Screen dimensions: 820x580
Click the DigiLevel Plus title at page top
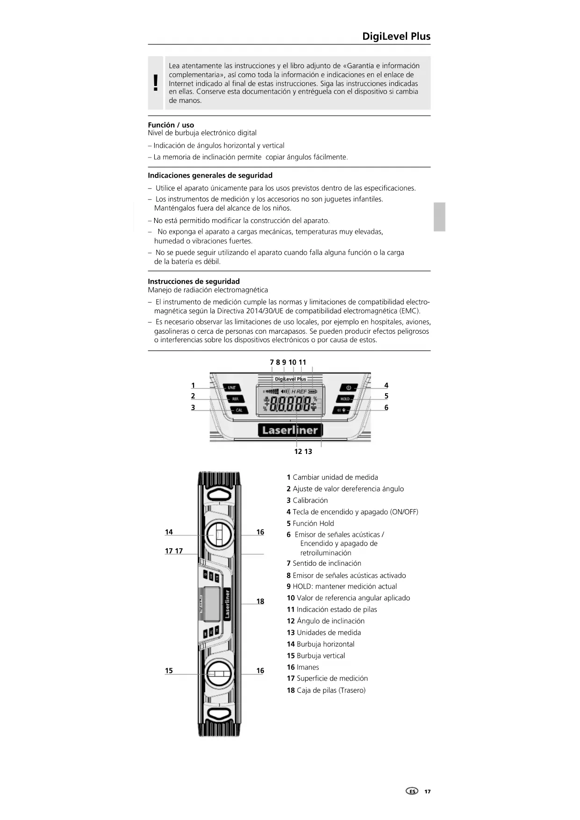tap(396, 36)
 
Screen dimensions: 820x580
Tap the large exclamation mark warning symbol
tap(156, 83)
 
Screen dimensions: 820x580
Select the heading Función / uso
tap(171, 125)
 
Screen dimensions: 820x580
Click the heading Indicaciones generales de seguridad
tap(210, 175)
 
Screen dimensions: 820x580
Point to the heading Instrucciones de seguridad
tap(193, 281)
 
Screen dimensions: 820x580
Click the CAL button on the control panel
tap(239, 410)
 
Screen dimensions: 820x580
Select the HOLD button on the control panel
tap(345, 399)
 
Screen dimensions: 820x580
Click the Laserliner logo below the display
tap(290, 430)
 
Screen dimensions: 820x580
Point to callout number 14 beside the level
tap(169, 532)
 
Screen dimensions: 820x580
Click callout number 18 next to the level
tap(260, 601)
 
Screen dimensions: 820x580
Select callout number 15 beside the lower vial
tap(169, 670)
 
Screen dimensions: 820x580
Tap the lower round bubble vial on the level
tap(219, 674)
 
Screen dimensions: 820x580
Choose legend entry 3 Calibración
tap(307, 500)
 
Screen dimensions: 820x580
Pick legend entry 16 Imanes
tap(303, 667)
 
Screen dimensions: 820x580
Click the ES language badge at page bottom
tap(412, 791)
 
